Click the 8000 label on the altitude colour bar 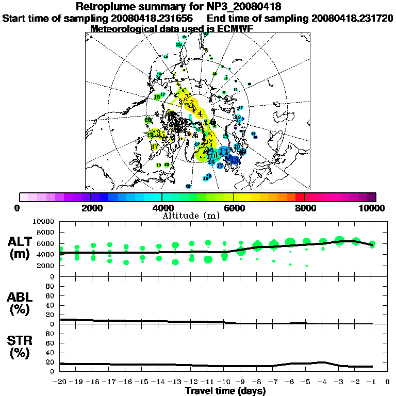[305, 208]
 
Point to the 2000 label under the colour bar [90, 208]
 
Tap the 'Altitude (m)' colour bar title [197, 215]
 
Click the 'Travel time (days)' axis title [225, 391]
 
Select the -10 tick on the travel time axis [223, 382]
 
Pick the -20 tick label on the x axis [60, 382]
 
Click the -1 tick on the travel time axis [371, 382]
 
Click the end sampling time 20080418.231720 [352, 18]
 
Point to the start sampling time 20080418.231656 [151, 18]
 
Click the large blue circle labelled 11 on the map [224, 152]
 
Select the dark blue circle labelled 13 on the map [235, 160]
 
